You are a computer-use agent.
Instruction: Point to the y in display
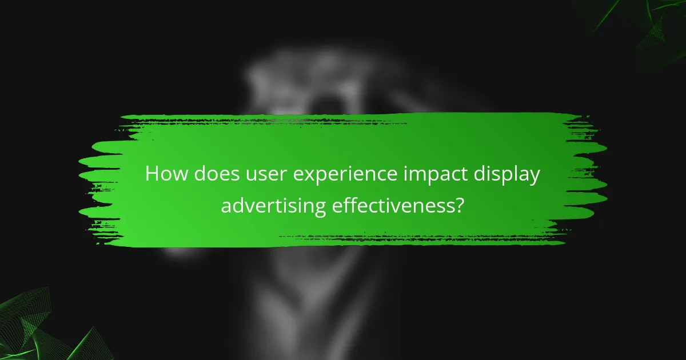[x=534, y=177]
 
